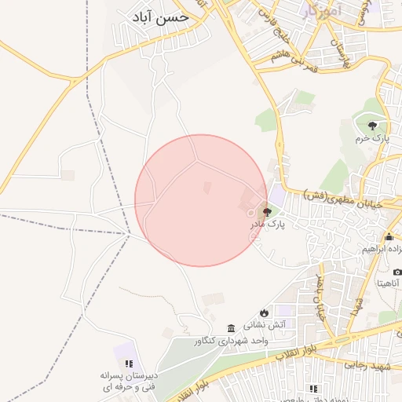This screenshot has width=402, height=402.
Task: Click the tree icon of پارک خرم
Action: tap(371, 125)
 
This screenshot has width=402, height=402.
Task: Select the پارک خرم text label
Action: tap(372, 138)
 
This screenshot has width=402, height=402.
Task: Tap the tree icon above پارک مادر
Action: tap(267, 211)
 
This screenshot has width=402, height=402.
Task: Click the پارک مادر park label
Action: tap(267, 225)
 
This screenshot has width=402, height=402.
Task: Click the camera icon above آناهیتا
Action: tap(397, 272)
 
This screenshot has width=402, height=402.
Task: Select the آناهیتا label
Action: tap(389, 283)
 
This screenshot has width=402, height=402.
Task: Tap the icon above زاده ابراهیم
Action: tap(389, 237)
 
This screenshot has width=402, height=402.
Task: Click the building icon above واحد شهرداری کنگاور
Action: tap(231, 328)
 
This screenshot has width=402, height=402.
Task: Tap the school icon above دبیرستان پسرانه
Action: tap(130, 364)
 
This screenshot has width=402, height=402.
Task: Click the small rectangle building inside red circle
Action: tap(207, 188)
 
